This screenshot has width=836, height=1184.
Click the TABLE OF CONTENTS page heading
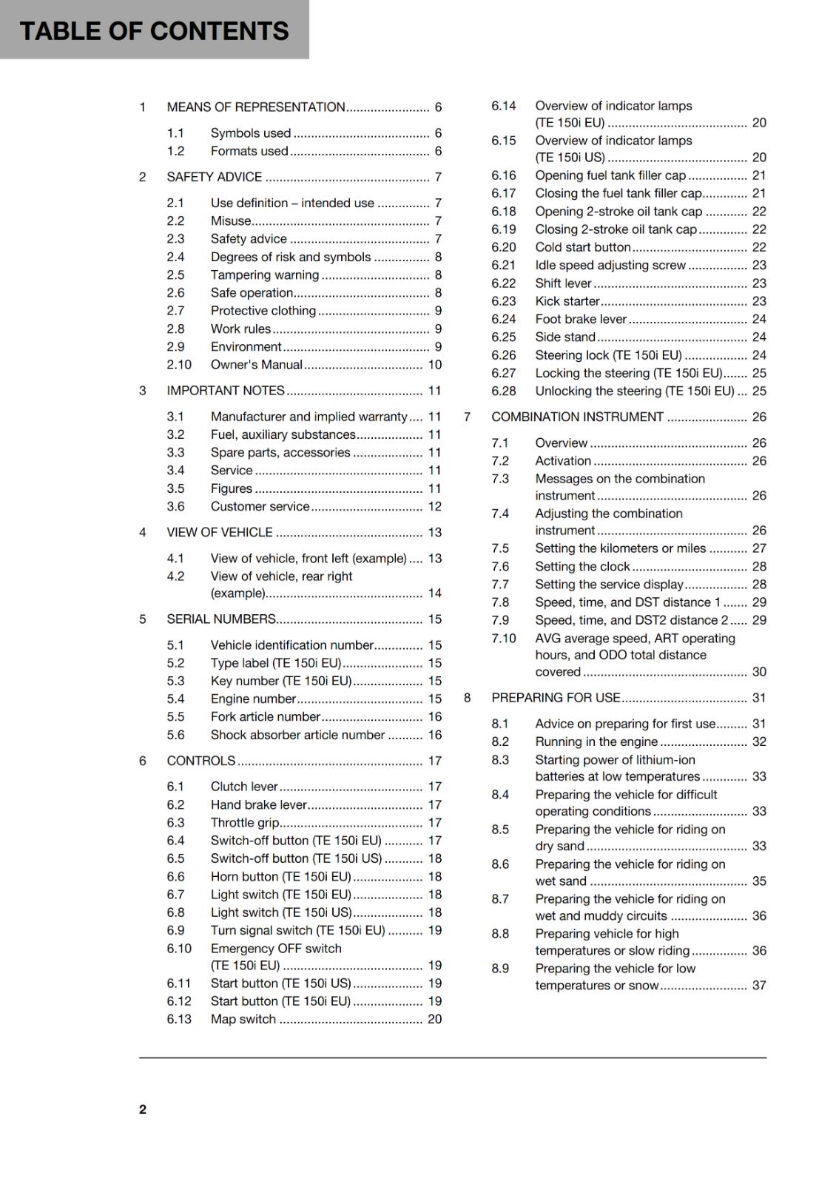pyautogui.click(x=154, y=30)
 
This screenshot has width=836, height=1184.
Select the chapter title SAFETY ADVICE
pyautogui.click(x=214, y=177)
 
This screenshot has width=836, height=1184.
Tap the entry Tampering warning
pyautogui.click(x=264, y=275)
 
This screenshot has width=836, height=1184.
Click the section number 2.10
pyautogui.click(x=178, y=364)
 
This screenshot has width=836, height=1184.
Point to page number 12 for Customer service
pyautogui.click(x=434, y=506)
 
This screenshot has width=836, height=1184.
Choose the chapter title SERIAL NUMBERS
pyautogui.click(x=221, y=619)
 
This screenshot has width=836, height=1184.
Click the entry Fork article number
pyautogui.click(x=265, y=716)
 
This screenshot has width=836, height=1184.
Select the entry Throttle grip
pyautogui.click(x=245, y=822)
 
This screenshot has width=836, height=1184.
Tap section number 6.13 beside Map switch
pyautogui.click(x=178, y=1018)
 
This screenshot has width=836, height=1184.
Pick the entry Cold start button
pyautogui.click(x=582, y=247)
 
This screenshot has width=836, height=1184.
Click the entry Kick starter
pyautogui.click(x=567, y=301)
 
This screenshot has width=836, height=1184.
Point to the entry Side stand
pyautogui.click(x=564, y=337)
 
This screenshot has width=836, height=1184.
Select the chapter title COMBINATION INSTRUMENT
pyautogui.click(x=577, y=417)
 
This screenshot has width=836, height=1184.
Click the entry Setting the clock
pyautogui.click(x=582, y=566)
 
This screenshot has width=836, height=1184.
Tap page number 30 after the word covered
pyautogui.click(x=759, y=671)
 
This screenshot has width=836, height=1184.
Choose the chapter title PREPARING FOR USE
pyautogui.click(x=556, y=697)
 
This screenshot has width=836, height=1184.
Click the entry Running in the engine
pyautogui.click(x=596, y=741)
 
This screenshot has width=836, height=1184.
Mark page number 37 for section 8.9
pyautogui.click(x=759, y=985)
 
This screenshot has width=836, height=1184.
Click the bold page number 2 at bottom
pyautogui.click(x=143, y=1109)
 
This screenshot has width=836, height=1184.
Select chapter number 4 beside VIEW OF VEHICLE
pyautogui.click(x=143, y=532)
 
